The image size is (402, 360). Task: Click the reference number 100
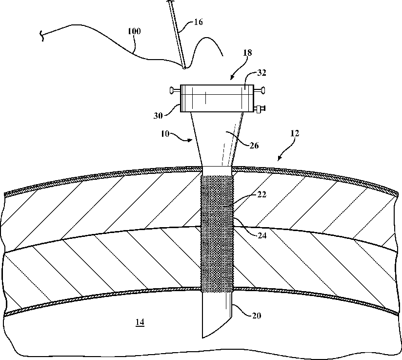(134, 31)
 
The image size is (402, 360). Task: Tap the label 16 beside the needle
(198, 21)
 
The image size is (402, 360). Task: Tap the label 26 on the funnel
(254, 145)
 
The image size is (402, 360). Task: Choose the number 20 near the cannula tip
(256, 316)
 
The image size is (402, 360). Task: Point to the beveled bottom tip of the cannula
(204, 336)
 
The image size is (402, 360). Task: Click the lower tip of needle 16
(184, 68)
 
